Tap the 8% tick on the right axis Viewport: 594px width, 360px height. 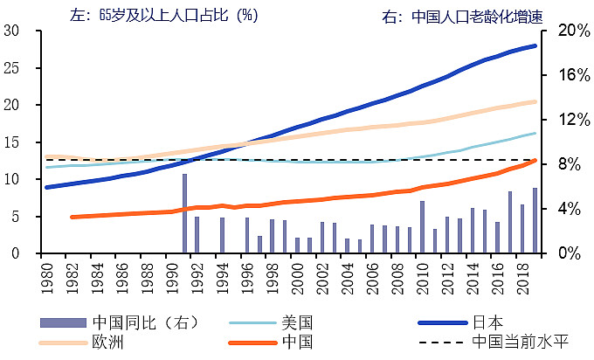pyautogui.click(x=564, y=164)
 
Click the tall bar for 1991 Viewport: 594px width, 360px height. pyautogui.click(x=184, y=213)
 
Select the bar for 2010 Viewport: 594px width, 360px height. pyautogui.click(x=422, y=227)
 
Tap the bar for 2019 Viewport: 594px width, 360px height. pyautogui.click(x=535, y=220)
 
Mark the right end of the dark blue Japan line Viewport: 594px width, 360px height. pyautogui.click(x=535, y=45)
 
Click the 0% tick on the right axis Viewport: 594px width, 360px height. pyautogui.click(x=564, y=253)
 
